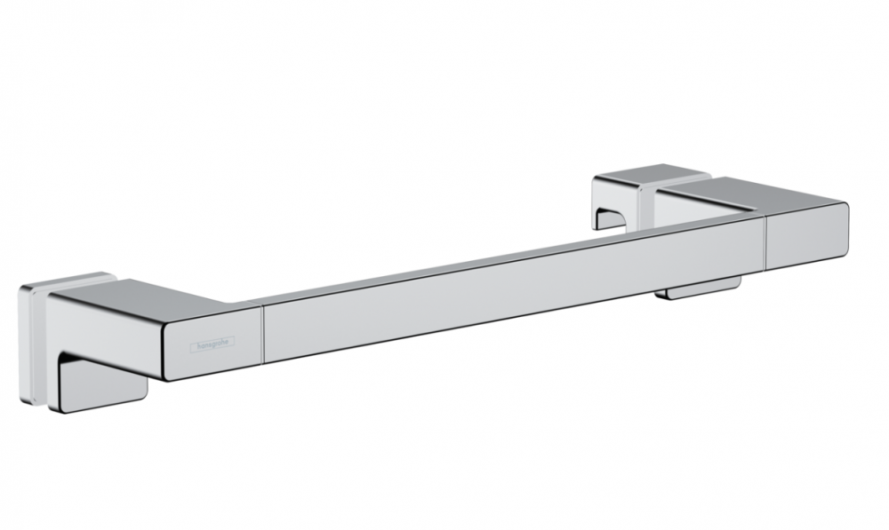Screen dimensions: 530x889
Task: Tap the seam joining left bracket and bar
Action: [263, 336]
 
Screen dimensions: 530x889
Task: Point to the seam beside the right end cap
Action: [765, 241]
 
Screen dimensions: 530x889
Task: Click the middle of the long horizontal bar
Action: [514, 288]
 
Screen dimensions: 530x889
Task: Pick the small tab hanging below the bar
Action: [703, 289]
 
